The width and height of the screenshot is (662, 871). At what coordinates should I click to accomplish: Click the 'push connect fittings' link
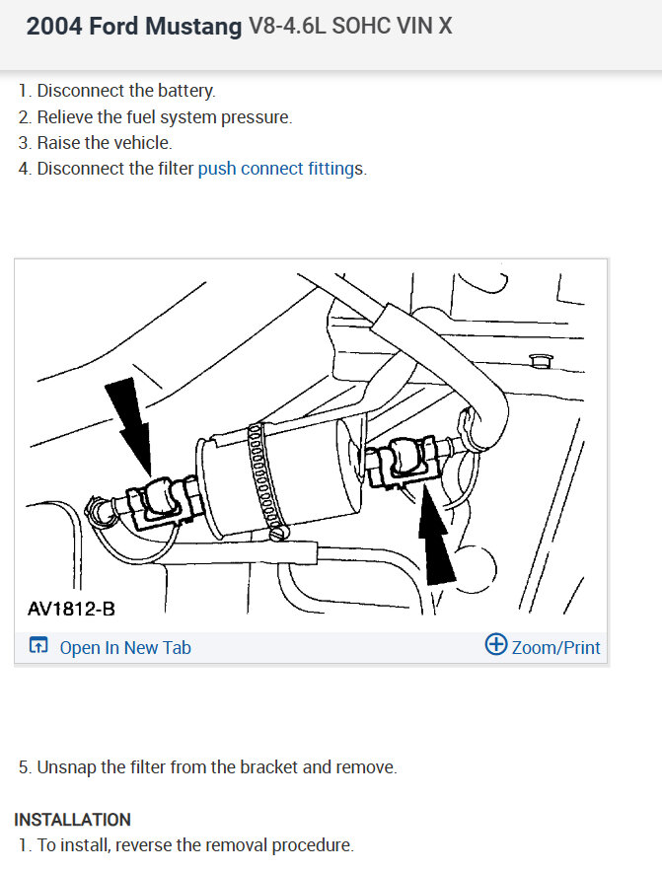(x=280, y=169)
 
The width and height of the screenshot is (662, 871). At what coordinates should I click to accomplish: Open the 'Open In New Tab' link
(x=125, y=648)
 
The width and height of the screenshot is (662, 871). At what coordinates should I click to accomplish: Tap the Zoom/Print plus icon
(x=496, y=644)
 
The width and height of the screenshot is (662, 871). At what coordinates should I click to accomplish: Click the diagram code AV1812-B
(x=72, y=609)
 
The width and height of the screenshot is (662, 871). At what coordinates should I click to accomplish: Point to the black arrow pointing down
(x=131, y=423)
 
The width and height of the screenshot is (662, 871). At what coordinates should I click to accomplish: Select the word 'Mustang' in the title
(x=193, y=26)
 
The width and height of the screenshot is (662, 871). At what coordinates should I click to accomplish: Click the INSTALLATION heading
(x=72, y=820)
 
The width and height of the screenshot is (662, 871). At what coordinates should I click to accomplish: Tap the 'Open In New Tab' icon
(x=38, y=645)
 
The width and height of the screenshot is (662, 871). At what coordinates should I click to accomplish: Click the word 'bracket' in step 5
(x=268, y=767)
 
